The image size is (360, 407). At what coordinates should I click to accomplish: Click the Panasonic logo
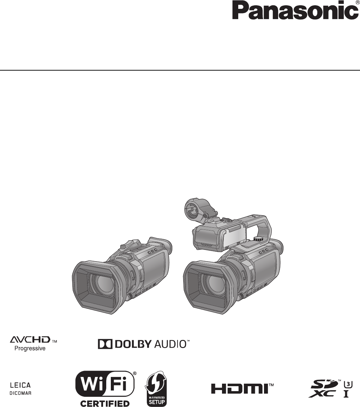point(295,10)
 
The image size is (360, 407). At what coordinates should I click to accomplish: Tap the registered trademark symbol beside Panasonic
point(358,2)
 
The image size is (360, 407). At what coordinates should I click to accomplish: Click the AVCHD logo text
point(30,340)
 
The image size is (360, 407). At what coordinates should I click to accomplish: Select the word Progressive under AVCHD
point(30,348)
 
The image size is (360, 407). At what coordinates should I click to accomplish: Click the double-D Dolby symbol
point(105,344)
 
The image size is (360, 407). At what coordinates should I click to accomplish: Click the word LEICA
point(20,385)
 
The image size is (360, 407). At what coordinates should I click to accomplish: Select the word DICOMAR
point(20,393)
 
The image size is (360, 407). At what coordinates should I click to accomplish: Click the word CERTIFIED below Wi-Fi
point(105,403)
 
